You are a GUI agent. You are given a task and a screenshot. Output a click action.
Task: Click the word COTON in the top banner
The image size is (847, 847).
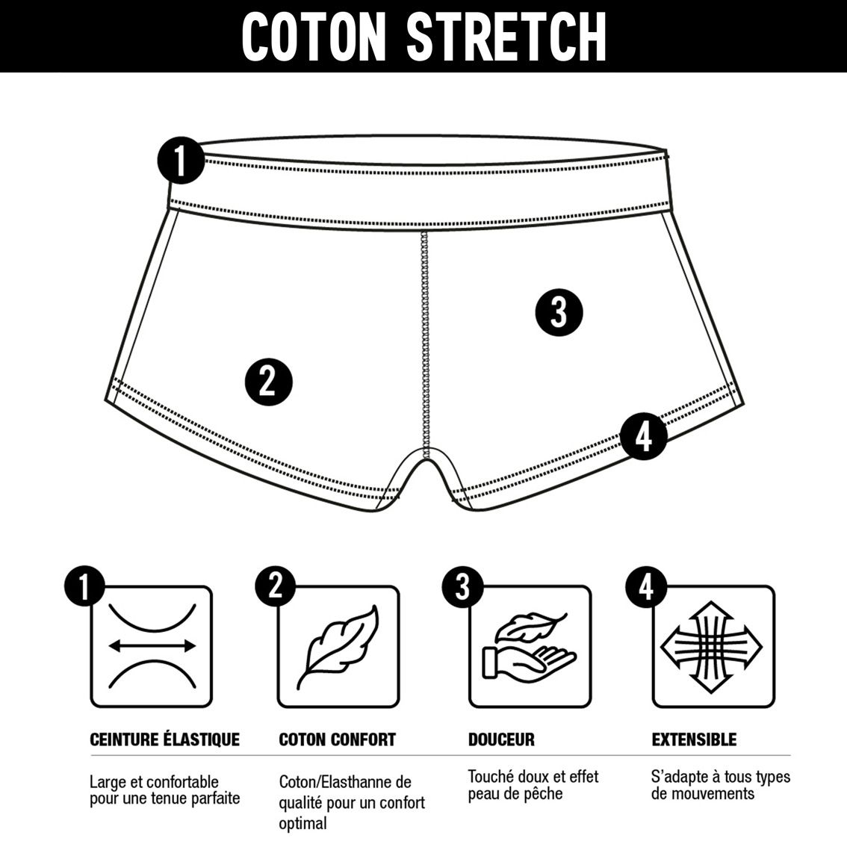[x=314, y=37]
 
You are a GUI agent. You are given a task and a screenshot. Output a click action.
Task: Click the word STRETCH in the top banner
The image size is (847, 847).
[x=506, y=37]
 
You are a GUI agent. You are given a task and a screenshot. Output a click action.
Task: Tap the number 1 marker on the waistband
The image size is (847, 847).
[x=181, y=161]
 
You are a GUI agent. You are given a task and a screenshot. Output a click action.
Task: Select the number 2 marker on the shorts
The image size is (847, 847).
[x=268, y=381]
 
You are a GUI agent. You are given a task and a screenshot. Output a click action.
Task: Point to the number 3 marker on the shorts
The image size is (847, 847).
[x=559, y=313]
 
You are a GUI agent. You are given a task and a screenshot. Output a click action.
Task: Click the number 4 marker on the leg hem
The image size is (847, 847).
[x=643, y=436]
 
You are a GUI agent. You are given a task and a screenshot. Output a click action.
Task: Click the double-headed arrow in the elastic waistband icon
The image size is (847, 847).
[x=152, y=645]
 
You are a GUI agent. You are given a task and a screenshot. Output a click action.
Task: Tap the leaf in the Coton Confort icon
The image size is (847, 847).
[x=338, y=646]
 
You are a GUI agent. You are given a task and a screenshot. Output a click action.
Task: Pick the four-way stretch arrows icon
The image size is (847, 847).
[x=711, y=647]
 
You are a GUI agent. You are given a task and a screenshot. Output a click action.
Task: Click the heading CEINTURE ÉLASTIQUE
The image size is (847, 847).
[x=165, y=739]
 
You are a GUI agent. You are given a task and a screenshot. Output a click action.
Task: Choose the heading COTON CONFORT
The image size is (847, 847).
[x=337, y=739]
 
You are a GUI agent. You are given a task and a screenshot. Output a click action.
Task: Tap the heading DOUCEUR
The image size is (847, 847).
[x=501, y=739]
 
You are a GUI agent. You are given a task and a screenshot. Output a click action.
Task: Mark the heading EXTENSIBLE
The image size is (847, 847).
[x=694, y=739]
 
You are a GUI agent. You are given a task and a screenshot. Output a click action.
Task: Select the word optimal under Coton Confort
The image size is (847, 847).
[x=302, y=824]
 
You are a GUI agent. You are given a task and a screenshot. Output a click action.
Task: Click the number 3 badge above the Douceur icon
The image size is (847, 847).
[x=462, y=586]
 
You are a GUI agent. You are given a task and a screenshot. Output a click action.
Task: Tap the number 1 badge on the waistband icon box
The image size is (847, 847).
[x=84, y=586]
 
